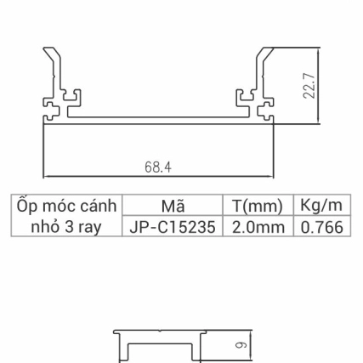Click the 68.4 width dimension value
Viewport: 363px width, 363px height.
(x=158, y=168)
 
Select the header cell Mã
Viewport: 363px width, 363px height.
(x=173, y=207)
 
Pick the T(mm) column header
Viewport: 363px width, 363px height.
(x=257, y=207)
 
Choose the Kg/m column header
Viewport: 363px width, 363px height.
(x=321, y=207)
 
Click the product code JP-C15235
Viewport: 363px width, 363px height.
(x=173, y=228)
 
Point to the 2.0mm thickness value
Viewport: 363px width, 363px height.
(x=257, y=228)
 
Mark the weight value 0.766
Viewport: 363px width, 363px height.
(x=321, y=228)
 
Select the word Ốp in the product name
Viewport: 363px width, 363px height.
(x=26, y=207)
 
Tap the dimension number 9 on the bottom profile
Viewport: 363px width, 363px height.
(x=240, y=346)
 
